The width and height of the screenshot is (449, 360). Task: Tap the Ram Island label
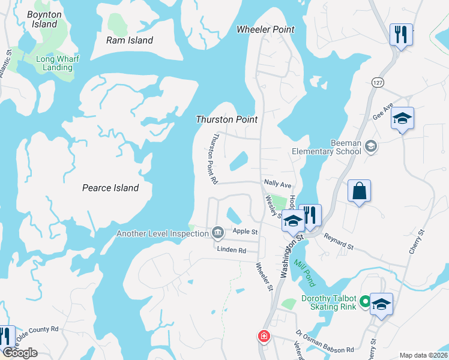[x=130, y=40]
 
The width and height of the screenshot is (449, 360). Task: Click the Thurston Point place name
[x=227, y=119]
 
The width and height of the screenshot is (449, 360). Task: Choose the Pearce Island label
[x=110, y=188]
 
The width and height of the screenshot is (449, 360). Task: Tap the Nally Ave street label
[x=277, y=185]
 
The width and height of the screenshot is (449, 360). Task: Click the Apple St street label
[x=245, y=231]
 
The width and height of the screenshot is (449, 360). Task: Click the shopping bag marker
[x=359, y=191]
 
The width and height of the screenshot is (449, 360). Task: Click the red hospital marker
[x=264, y=337]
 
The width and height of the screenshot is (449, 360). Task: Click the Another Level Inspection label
[x=162, y=233]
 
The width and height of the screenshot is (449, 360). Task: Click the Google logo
[x=20, y=353]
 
